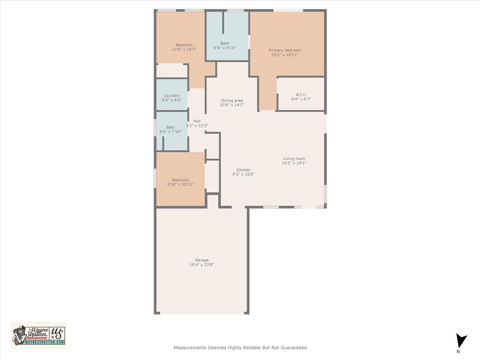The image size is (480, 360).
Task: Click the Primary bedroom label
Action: coord(285,50)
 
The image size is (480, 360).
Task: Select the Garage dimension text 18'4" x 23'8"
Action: coord(202,265)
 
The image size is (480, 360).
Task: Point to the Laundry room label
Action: coord(172,96)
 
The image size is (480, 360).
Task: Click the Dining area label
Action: coord(232,100)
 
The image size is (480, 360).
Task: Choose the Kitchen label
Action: coord(243,170)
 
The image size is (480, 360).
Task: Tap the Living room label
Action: coord(294,158)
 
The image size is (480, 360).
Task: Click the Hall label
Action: coord(197,121)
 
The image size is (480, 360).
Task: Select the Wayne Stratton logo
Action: coord(38,335)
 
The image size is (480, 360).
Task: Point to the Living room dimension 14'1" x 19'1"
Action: coord(294,163)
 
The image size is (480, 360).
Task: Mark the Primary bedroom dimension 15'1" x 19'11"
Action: coord(285,55)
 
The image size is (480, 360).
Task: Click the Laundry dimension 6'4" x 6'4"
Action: coord(172,100)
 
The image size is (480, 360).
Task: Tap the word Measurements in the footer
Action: coord(189,348)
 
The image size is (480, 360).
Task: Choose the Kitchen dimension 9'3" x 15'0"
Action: coord(243,174)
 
